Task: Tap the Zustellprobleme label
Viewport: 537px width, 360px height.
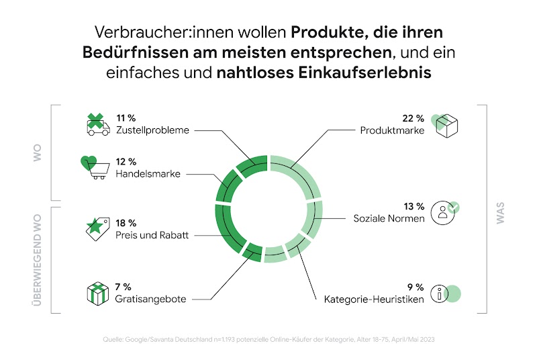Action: [x=152, y=130]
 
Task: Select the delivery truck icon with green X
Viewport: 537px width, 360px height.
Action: [x=97, y=125]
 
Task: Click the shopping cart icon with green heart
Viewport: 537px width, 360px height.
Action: [x=95, y=168]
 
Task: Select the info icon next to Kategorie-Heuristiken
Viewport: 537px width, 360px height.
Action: [x=444, y=293]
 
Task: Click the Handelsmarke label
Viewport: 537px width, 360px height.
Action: [x=148, y=174]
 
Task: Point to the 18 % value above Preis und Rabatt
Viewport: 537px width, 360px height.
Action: [x=126, y=223]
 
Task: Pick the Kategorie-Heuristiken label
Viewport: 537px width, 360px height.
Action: [x=374, y=300]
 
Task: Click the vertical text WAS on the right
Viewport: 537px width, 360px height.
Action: [x=500, y=212]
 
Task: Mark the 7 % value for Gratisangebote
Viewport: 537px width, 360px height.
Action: [x=124, y=287]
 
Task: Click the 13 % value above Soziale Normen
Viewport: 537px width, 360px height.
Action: [x=413, y=206]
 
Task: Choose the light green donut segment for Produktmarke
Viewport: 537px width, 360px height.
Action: [x=299, y=175]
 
